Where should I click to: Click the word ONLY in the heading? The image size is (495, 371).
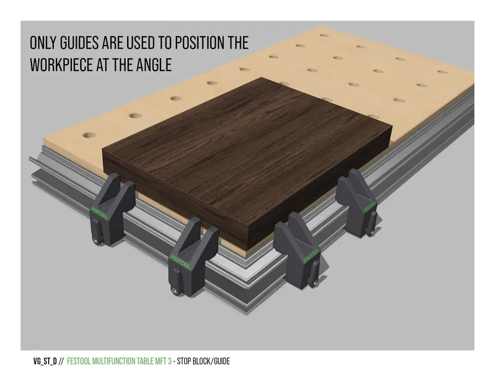pyautogui.click(x=43, y=43)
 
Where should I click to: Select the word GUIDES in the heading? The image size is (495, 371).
pyautogui.click(x=79, y=43)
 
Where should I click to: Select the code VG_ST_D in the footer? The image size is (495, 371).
pyautogui.click(x=45, y=362)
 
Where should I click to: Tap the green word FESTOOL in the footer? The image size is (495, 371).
pyautogui.click(x=77, y=362)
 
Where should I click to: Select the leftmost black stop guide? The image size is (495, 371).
pyautogui.click(x=112, y=209)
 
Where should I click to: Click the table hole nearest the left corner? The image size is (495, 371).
pyautogui.click(x=89, y=136)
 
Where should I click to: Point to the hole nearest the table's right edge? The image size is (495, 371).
pyautogui.click(x=443, y=72)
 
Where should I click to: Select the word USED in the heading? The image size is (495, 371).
pyautogui.click(x=141, y=43)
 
